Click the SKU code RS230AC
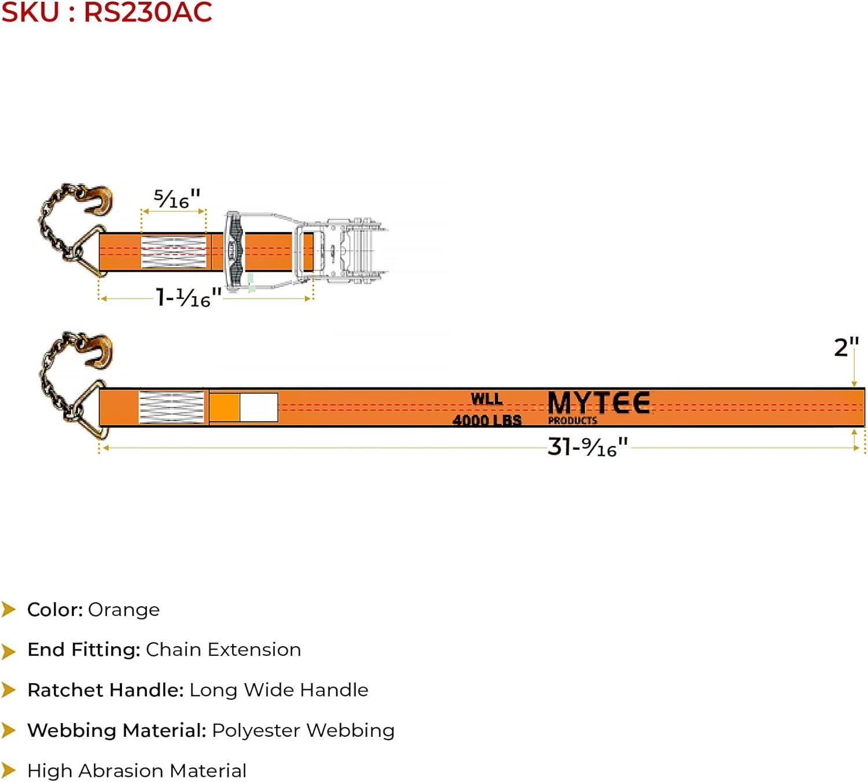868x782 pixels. coord(148,13)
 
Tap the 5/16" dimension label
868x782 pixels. coord(176,198)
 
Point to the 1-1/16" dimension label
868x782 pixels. coord(189,297)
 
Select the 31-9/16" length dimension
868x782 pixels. coord(587,447)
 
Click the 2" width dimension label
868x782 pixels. coord(845,348)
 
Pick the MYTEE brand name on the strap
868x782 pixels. coord(598,403)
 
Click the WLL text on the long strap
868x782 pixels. coord(486,399)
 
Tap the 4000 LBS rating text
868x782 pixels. coord(487,420)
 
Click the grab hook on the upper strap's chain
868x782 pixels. coord(100,200)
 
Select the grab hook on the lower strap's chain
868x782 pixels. coord(100,350)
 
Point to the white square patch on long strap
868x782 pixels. coord(259,407)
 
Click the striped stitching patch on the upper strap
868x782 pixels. coord(174,252)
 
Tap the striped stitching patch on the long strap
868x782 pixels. coord(172,407)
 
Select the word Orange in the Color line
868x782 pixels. coord(124,610)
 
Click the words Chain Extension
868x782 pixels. coord(223,650)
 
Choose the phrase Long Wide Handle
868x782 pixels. coord(279,690)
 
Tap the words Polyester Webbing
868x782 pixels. coord(303,731)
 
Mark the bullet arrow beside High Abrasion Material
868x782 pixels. coord(9,770)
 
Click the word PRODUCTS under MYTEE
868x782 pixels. coord(572,420)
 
